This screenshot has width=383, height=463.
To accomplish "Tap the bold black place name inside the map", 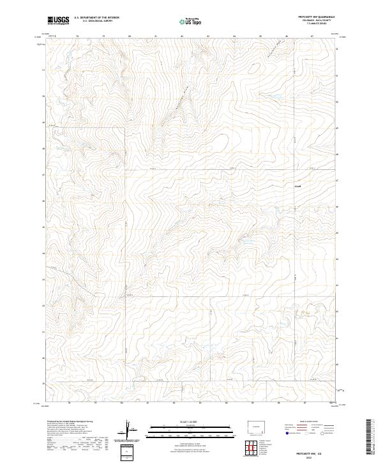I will point(297,186).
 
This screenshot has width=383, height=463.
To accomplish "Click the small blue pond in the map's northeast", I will point(278,98).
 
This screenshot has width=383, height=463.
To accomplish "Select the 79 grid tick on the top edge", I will point(77,36).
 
